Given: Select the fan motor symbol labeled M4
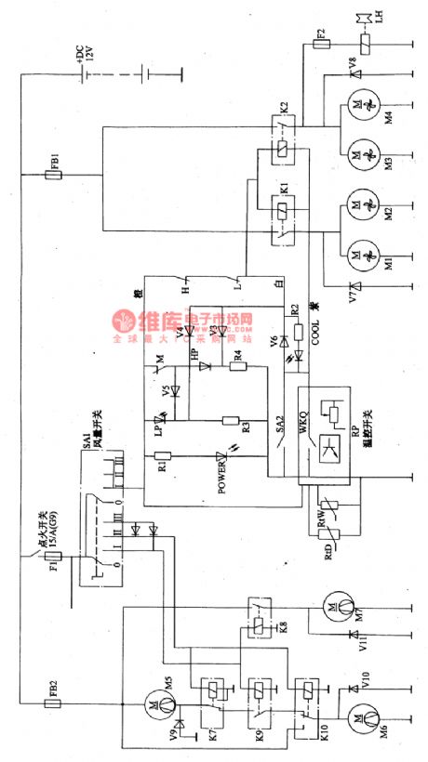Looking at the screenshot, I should coord(354,104).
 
